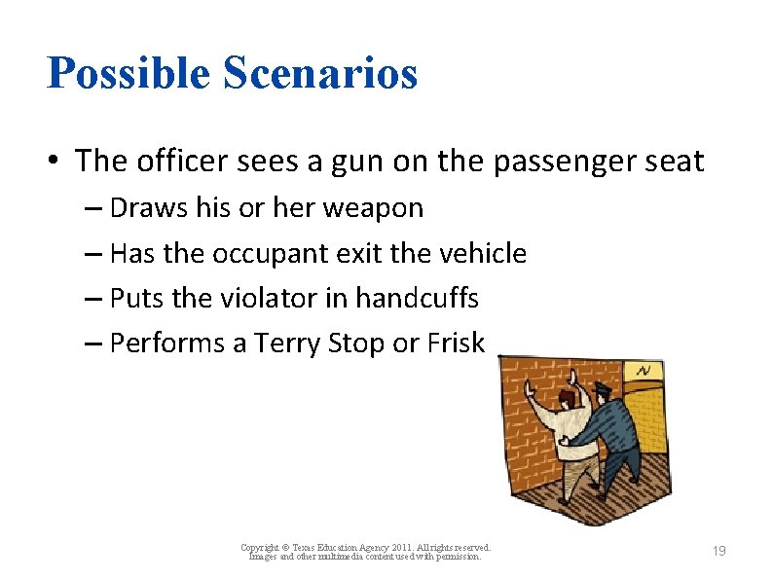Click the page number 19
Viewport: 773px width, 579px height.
click(718, 552)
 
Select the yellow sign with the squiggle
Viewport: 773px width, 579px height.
click(644, 371)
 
